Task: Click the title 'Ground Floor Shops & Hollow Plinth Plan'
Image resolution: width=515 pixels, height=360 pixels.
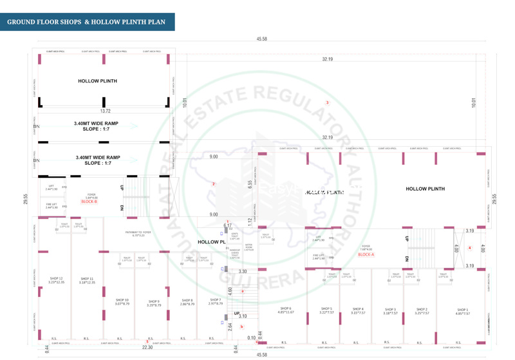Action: click(86, 22)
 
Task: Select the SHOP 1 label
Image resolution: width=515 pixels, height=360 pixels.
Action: click(462, 311)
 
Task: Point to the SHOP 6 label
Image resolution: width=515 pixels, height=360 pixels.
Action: click(285, 310)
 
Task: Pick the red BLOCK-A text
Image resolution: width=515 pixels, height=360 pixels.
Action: click(366, 255)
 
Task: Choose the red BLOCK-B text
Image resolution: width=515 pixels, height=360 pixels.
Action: click(89, 202)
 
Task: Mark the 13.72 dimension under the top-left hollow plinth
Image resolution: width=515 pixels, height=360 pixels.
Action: click(105, 111)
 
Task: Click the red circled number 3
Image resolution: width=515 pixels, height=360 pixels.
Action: click(327, 103)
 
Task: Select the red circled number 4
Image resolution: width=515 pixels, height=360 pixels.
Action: click(469, 248)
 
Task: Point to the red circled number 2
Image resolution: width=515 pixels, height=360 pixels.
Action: click(214, 184)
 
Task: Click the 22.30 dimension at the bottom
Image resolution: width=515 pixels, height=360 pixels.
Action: click(147, 348)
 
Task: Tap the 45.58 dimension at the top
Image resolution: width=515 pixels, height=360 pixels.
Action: click(261, 39)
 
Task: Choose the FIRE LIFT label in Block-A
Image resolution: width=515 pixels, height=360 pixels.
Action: click(319, 257)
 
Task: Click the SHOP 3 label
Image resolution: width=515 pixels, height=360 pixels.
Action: click(390, 311)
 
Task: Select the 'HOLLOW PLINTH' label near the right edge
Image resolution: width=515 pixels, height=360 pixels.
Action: click(425, 189)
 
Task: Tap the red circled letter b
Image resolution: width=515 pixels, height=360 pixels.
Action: click(242, 327)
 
